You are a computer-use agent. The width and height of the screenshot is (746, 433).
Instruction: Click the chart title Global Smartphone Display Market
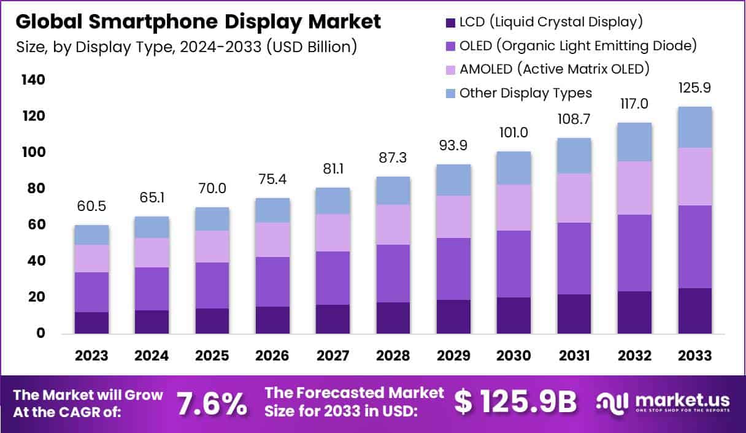(198, 22)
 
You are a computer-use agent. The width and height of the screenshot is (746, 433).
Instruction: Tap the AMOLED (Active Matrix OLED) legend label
(554, 69)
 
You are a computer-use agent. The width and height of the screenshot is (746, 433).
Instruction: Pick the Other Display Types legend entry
(525, 93)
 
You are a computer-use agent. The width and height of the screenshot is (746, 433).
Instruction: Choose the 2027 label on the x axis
(333, 356)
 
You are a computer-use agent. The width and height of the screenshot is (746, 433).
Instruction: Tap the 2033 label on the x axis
(694, 356)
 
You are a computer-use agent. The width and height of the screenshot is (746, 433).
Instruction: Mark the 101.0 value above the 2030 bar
(513, 133)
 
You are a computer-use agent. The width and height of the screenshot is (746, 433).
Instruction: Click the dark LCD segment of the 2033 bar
(694, 310)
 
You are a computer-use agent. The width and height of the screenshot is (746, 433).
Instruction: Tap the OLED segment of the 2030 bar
(513, 264)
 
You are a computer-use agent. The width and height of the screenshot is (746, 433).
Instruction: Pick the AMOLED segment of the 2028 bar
(393, 224)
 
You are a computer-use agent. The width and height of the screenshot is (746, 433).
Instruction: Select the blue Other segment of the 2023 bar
(92, 235)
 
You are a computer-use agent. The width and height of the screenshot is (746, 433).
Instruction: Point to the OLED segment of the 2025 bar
(212, 285)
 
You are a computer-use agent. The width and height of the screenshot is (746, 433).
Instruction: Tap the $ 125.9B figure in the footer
(516, 402)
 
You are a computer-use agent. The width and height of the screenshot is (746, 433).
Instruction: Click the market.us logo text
(682, 399)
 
